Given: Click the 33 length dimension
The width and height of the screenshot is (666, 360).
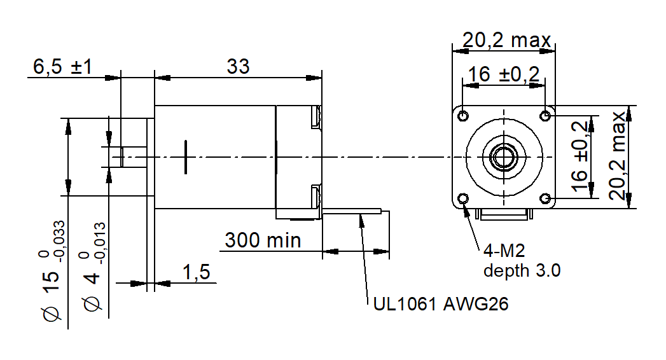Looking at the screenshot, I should tap(239, 66).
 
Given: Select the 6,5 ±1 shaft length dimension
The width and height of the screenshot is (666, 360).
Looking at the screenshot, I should tap(63, 67).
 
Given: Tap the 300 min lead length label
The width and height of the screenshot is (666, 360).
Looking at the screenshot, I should tap(263, 240).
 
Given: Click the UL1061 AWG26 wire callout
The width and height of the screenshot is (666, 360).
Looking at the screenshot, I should tap(441, 305).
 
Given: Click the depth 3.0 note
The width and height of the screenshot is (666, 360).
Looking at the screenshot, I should tap(522, 270).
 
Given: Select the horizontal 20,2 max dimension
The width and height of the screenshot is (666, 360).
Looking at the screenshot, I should tap(506, 41).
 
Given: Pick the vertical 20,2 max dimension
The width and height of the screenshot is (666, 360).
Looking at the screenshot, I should tap(618, 156).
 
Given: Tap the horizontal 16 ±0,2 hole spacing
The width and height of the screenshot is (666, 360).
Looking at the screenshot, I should tap(503, 75).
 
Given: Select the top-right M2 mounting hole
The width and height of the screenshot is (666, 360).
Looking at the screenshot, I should tap(545, 115).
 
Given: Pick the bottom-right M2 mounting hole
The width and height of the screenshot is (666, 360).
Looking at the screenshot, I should tap(545, 198).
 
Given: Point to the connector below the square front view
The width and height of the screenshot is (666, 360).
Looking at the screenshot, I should tap(504, 214).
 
